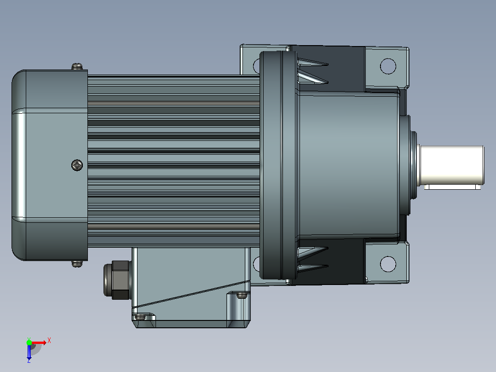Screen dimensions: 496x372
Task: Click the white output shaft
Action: tap(451, 165)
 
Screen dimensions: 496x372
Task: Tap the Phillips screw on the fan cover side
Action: tap(77, 165)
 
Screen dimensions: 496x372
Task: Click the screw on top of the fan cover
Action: tap(77, 66)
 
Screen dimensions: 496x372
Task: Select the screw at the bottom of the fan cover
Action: tap(77, 263)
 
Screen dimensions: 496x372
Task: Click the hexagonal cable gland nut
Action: tap(117, 279)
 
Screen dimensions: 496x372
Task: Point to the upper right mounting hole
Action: tap(388, 66)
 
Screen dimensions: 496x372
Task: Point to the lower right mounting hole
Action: tap(388, 264)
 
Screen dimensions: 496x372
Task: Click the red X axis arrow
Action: tap(39, 343)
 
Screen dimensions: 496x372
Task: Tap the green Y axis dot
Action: tap(29, 343)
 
